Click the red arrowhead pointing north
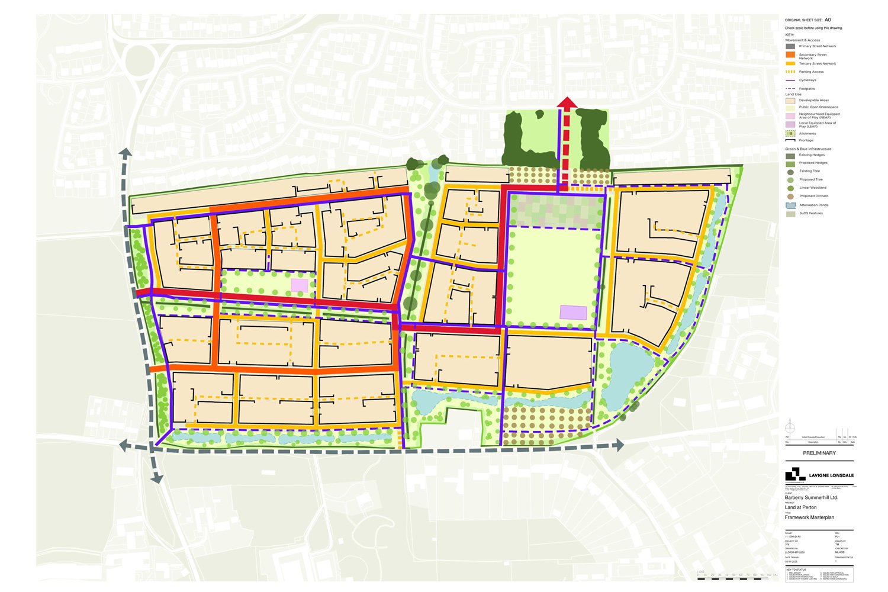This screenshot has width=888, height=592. coord(567,103)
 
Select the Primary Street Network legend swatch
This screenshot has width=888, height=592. coord(790,46)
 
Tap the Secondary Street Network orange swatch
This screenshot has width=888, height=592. coord(790,55)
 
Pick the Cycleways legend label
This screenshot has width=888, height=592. coord(807,80)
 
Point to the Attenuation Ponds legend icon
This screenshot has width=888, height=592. coord(790,205)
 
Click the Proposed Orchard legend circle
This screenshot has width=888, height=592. coord(790,196)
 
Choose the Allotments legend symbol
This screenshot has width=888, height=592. coord(790,134)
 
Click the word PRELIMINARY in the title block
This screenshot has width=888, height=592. coord(819,453)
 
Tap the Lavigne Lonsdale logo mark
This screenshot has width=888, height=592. coord(795,474)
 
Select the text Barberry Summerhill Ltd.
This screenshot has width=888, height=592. coord(811,498)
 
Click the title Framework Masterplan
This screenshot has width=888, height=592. coord(809,517)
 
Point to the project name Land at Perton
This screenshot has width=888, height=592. coord(800,507)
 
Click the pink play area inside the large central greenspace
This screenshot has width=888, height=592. coord(573,313)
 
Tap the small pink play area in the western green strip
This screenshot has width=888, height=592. coord(300,285)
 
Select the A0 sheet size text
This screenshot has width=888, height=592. coord(828,20)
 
